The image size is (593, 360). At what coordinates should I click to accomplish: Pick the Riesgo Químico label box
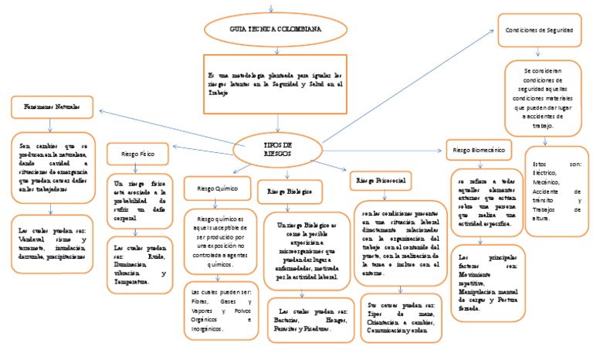(218, 188)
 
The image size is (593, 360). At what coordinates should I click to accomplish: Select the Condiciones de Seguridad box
(537, 31)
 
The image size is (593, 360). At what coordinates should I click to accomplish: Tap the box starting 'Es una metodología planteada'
(275, 82)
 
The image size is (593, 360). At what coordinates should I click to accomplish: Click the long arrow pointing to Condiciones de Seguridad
(409, 85)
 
